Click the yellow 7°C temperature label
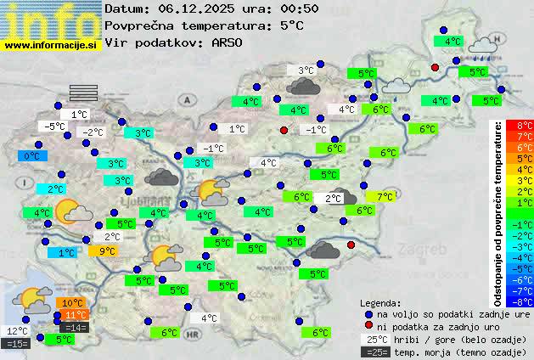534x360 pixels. coord(385,196)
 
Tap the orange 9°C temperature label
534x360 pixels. coord(106,250)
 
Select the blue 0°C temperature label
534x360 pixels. coord(31,156)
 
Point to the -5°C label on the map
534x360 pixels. coord(55,127)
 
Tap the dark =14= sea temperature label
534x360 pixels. coord(75,328)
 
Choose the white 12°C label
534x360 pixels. coord(17,331)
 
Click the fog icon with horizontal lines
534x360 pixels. coord(84,92)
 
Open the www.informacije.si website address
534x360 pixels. coord(51,44)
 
